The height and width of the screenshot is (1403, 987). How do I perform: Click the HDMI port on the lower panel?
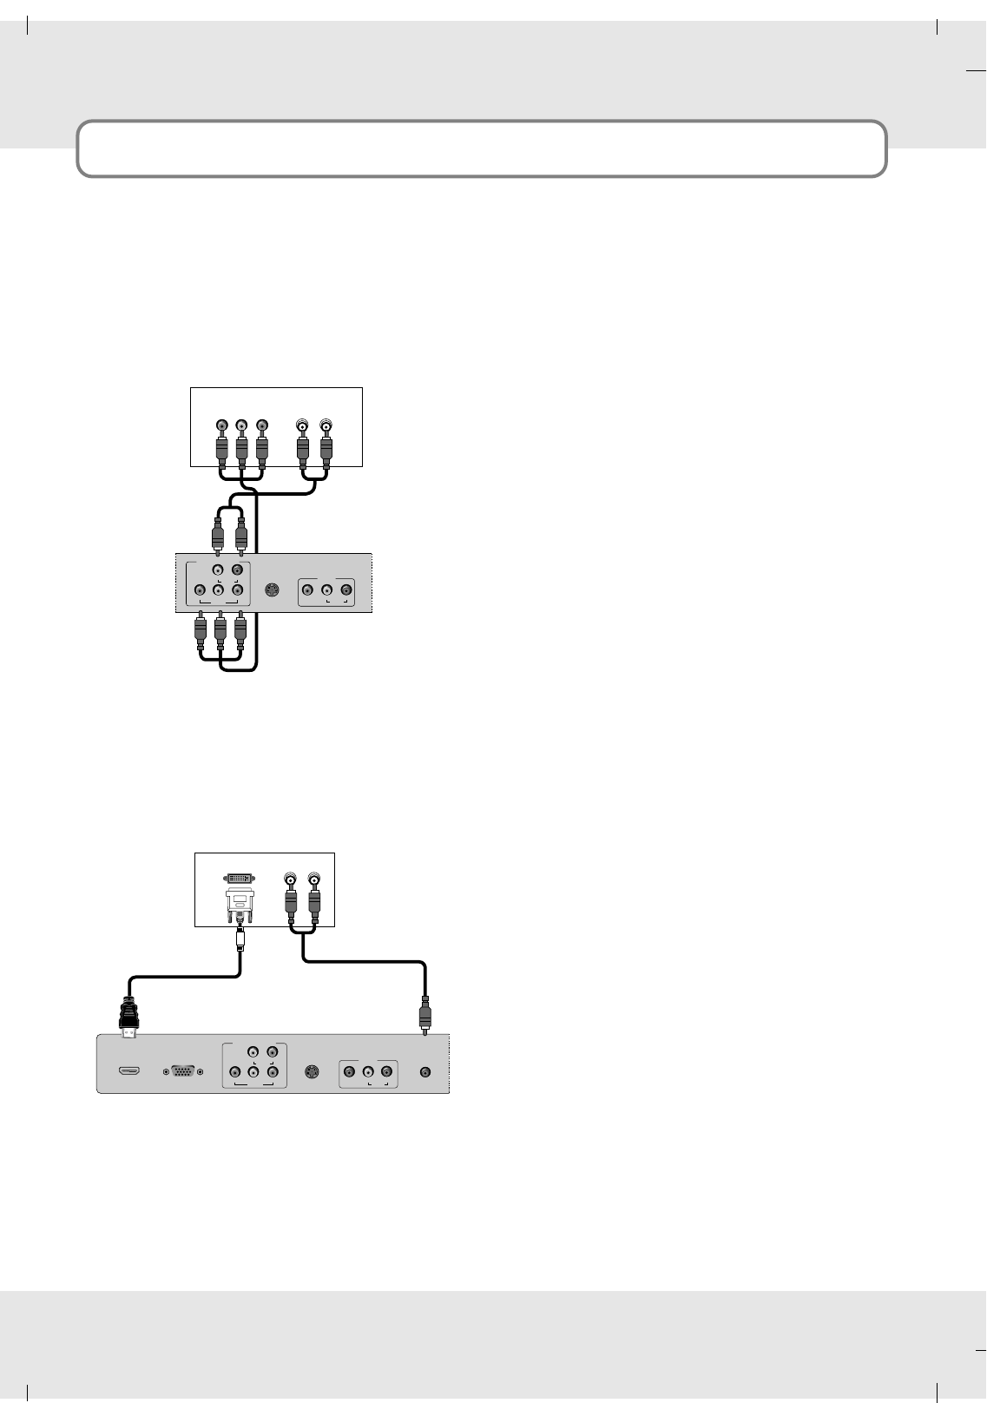point(129,1072)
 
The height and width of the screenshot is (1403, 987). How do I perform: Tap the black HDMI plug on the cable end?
point(129,1016)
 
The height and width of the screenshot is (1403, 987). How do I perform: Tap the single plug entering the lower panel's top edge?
point(424,1017)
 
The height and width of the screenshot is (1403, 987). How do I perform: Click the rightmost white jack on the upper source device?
point(326,425)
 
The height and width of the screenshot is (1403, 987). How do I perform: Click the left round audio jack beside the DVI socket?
point(291,879)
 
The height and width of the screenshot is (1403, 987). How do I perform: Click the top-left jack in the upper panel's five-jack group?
point(218,570)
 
